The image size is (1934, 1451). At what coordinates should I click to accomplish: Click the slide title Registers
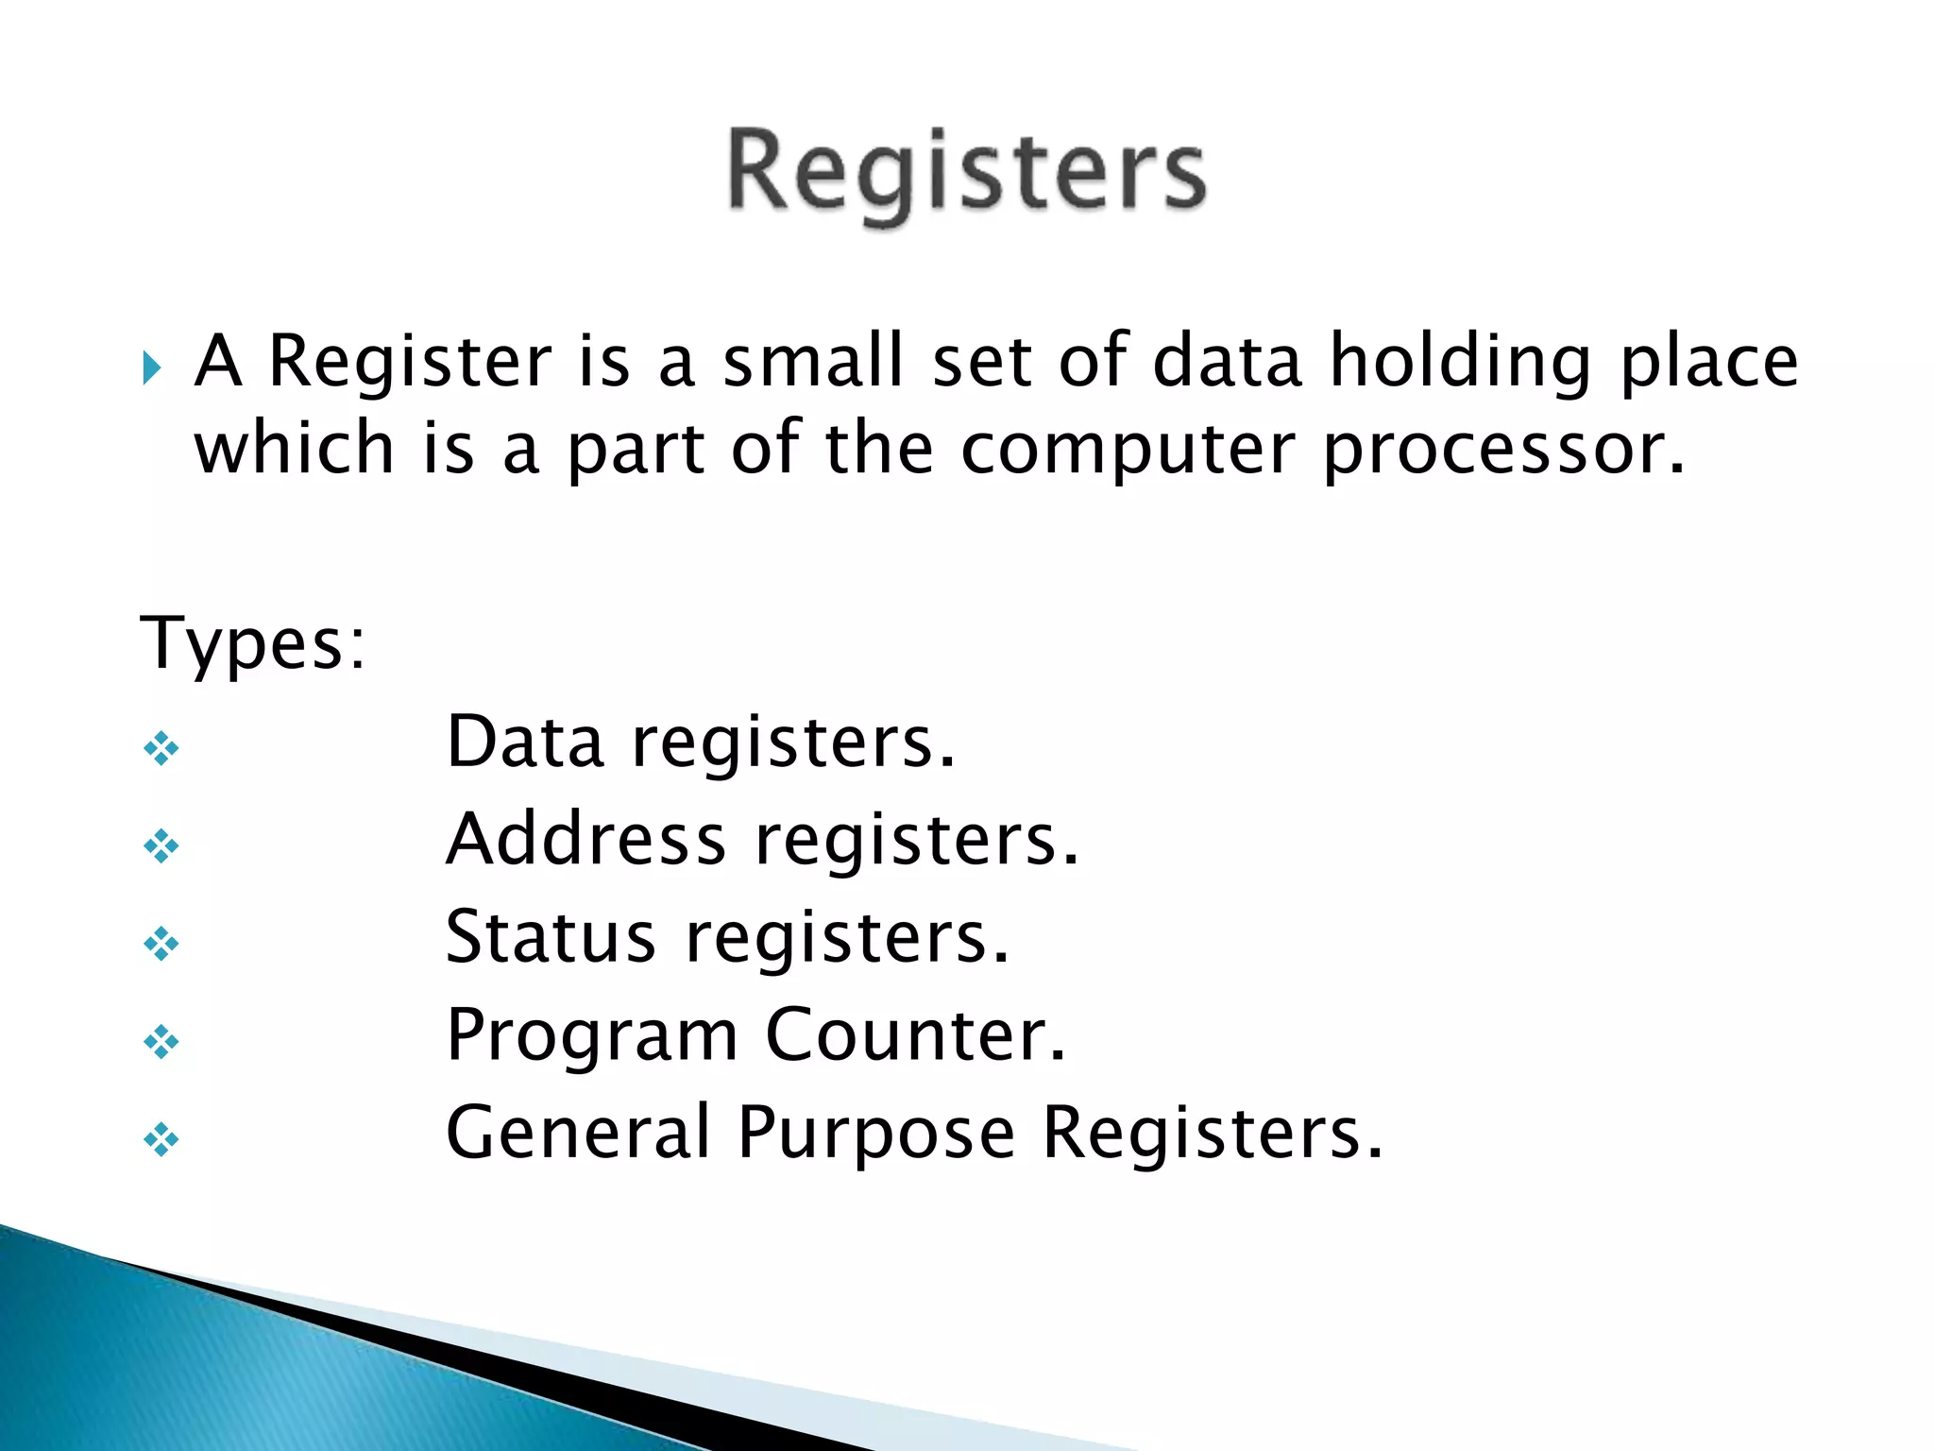point(966,175)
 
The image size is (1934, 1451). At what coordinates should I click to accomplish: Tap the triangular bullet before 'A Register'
point(152,367)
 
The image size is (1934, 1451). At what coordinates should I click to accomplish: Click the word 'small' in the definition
point(813,362)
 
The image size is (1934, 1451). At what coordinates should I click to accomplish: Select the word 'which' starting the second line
point(294,449)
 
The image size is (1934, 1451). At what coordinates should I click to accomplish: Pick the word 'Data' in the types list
point(525,743)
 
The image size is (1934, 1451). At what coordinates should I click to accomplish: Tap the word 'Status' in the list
point(551,938)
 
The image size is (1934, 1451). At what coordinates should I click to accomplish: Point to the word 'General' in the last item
point(578,1134)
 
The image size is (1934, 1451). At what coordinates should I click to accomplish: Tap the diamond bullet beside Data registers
point(161,749)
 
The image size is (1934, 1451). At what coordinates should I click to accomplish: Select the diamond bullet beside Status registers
point(161,944)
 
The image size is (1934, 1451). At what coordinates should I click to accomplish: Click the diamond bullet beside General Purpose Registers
point(161,1140)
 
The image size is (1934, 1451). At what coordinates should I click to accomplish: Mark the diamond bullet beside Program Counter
point(161,1042)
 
